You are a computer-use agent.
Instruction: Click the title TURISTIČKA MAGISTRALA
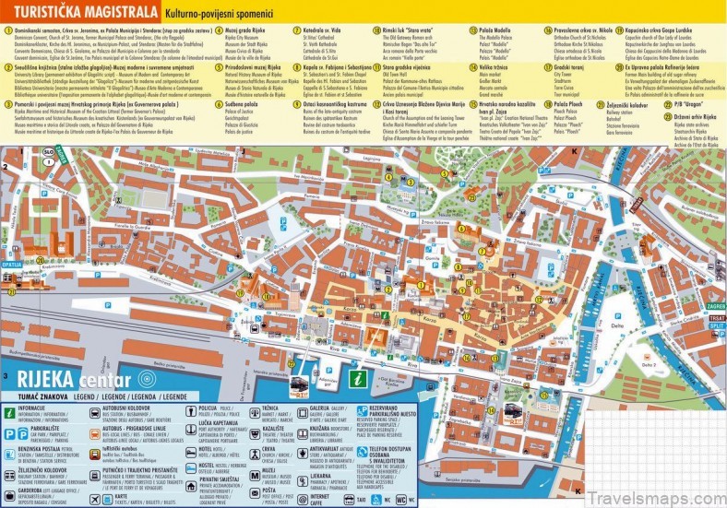(x=80, y=14)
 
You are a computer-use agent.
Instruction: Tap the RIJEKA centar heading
(x=66, y=380)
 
